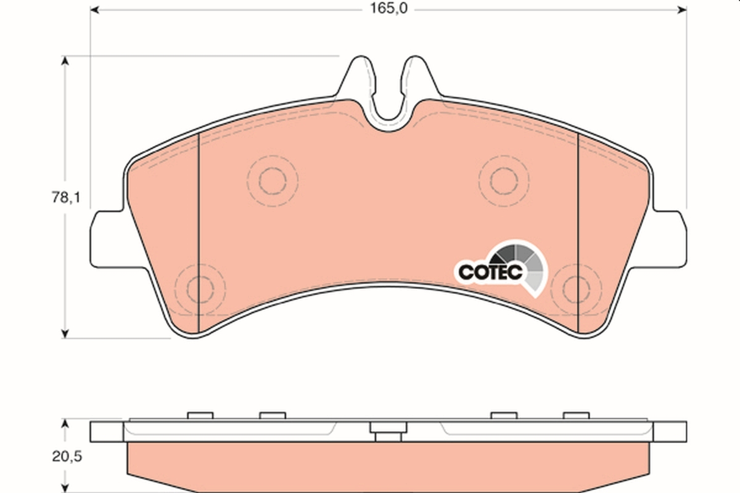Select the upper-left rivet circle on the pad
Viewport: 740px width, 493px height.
pyautogui.click(x=272, y=180)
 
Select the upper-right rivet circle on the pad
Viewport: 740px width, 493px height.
pyautogui.click(x=504, y=180)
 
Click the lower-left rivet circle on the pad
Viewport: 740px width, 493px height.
pyautogui.click(x=200, y=288)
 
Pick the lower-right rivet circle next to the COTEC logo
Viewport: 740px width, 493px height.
pyautogui.click(x=576, y=288)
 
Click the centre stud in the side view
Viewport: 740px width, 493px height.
pyautogui.click(x=387, y=432)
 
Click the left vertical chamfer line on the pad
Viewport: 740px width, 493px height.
pyautogui.click(x=197, y=234)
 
